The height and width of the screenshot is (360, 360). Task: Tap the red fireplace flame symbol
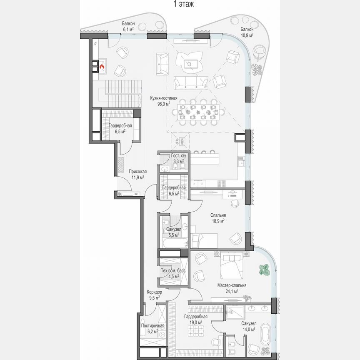[x=101, y=65]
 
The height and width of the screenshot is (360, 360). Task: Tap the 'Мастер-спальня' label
[x=232, y=285]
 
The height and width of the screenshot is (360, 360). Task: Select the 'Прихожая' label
[x=137, y=171]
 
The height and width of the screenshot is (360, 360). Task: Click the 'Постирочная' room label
[x=152, y=326]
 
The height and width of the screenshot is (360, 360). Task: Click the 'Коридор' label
[x=154, y=292]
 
